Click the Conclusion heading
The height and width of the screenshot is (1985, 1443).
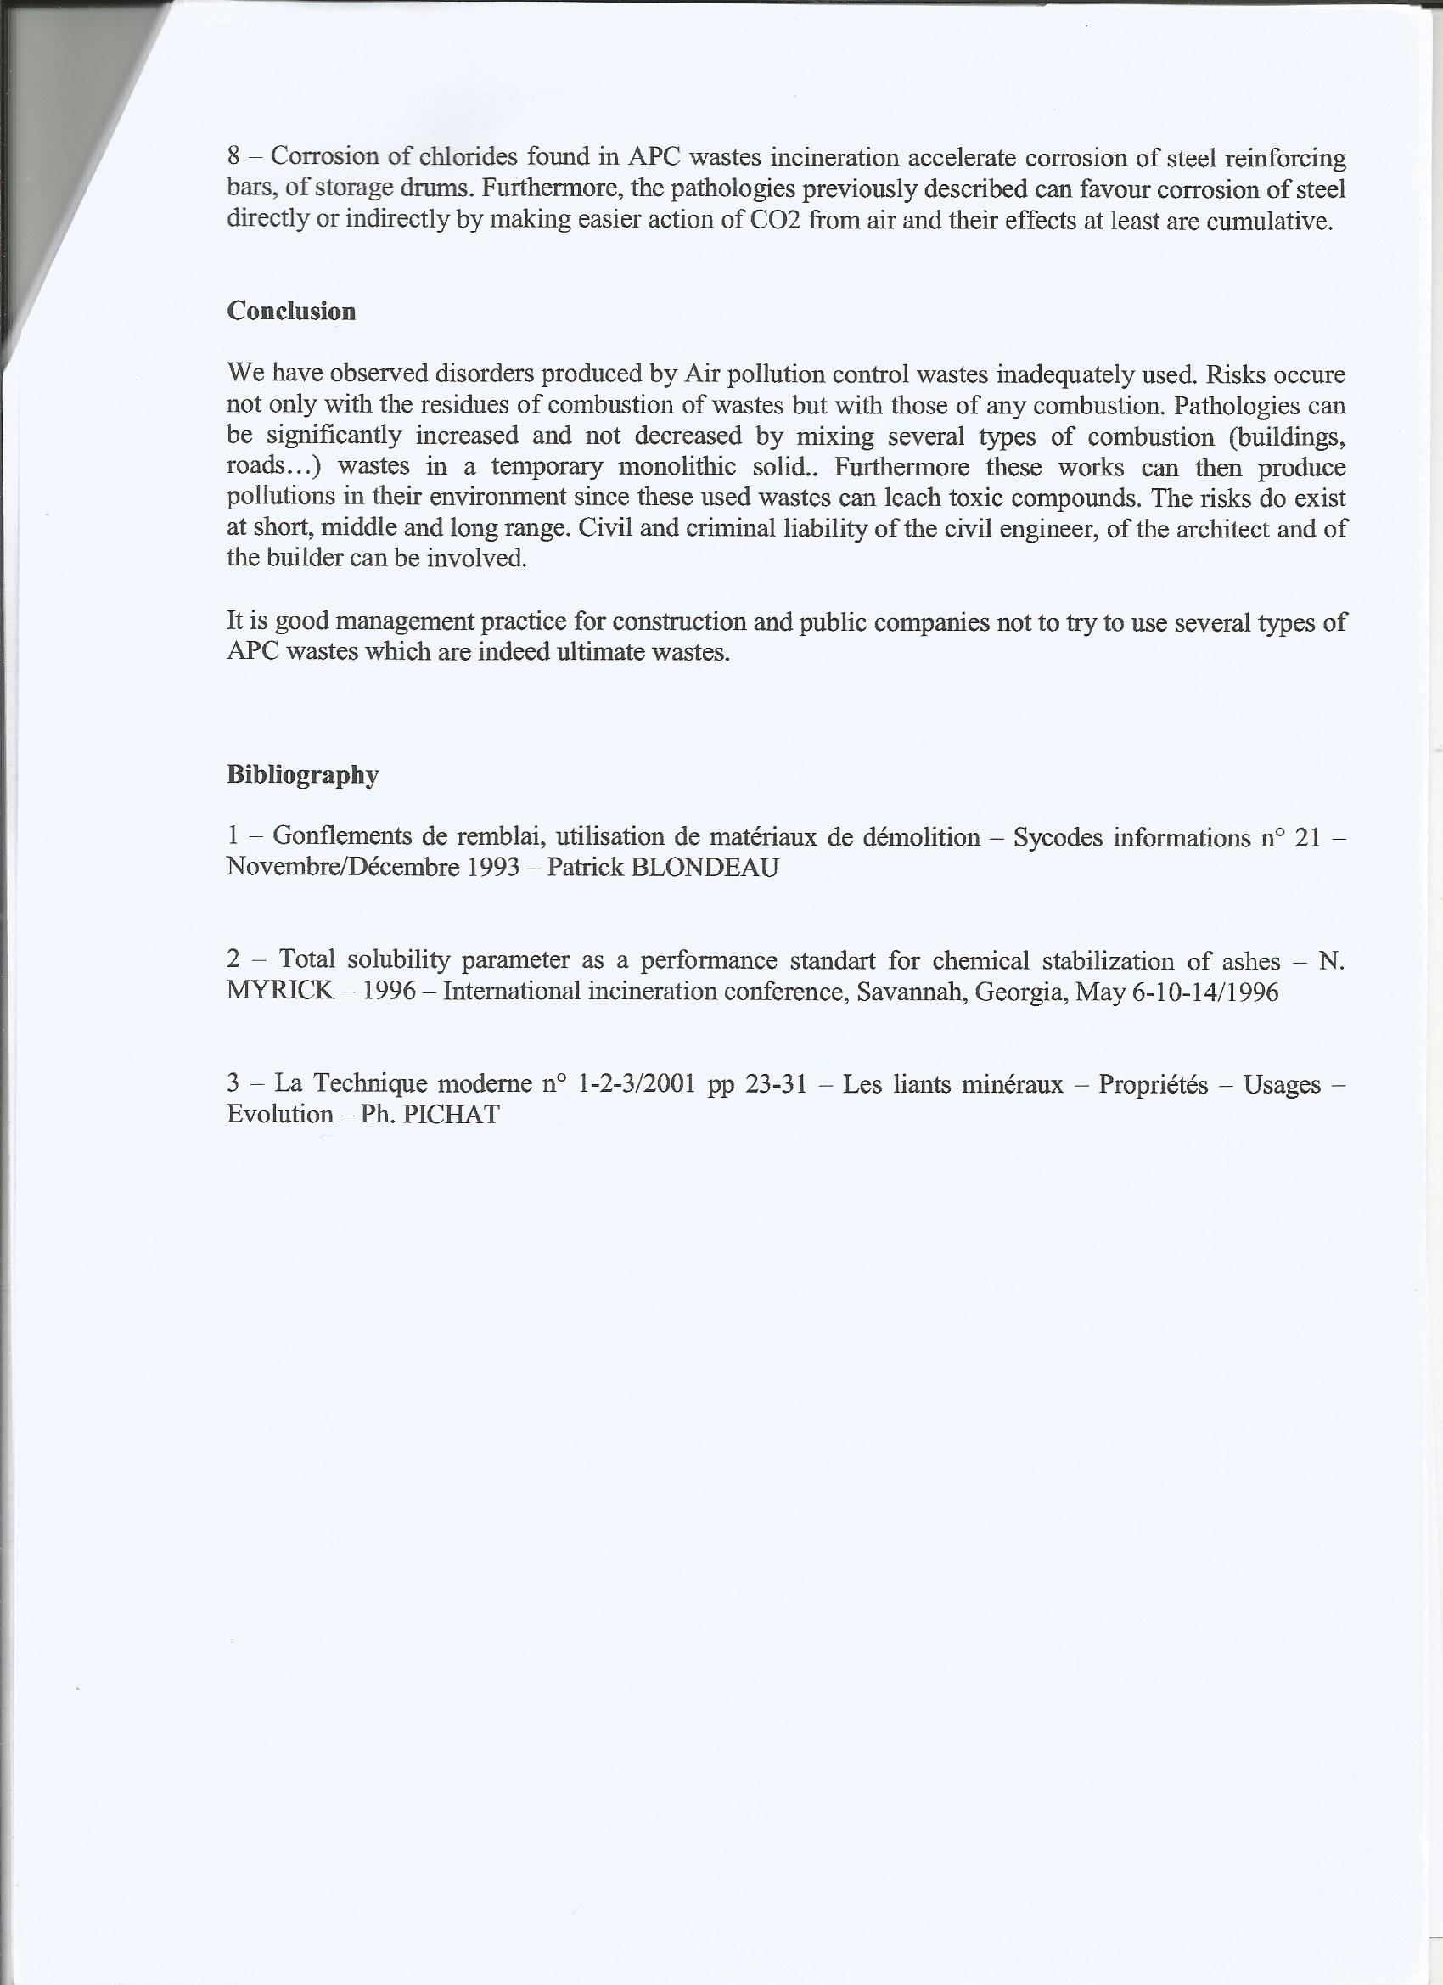click(x=291, y=312)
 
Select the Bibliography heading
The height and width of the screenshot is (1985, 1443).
click(x=303, y=774)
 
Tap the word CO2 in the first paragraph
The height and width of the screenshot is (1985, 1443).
click(x=775, y=220)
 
